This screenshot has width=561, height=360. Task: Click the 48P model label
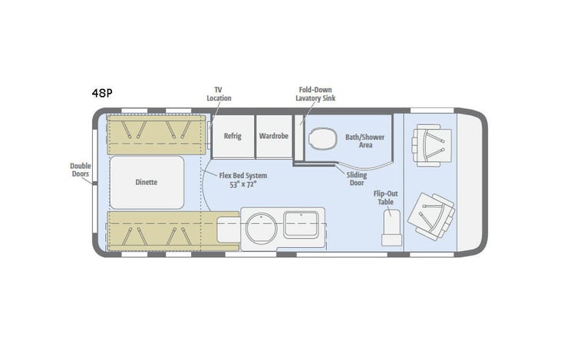click(x=101, y=94)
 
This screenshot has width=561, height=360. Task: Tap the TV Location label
click(x=219, y=94)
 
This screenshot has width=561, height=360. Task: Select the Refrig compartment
click(x=233, y=136)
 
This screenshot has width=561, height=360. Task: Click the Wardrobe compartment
click(x=272, y=136)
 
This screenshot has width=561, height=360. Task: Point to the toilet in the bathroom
click(x=323, y=139)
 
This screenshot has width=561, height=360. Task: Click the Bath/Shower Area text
click(x=365, y=140)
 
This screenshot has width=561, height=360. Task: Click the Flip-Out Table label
click(x=384, y=198)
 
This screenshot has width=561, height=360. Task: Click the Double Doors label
click(x=81, y=170)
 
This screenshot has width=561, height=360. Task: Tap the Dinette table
click(x=147, y=182)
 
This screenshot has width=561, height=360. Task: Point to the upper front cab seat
click(x=427, y=144)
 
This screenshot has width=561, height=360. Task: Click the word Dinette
click(x=146, y=182)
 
